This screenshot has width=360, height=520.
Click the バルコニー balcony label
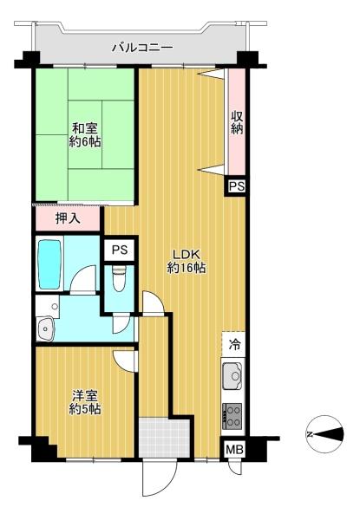142,49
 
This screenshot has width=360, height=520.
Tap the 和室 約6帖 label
85,135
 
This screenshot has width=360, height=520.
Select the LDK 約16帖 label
187,261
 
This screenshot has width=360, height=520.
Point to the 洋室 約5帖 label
85,402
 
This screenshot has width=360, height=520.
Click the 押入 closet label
68,218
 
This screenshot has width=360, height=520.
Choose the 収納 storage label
237,123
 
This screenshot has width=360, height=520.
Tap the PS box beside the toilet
120,250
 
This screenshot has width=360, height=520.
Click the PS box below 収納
237,186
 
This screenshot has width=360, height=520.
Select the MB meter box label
234,450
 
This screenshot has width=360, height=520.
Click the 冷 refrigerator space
234,345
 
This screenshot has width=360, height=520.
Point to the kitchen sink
233,376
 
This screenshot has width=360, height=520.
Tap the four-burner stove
232,415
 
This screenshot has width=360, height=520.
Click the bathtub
49,264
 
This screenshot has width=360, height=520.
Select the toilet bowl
119,278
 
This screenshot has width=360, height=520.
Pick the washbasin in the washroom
45,328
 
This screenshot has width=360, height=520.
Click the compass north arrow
324,434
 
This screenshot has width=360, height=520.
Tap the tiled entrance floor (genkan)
164,437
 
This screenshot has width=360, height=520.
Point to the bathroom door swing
83,278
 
